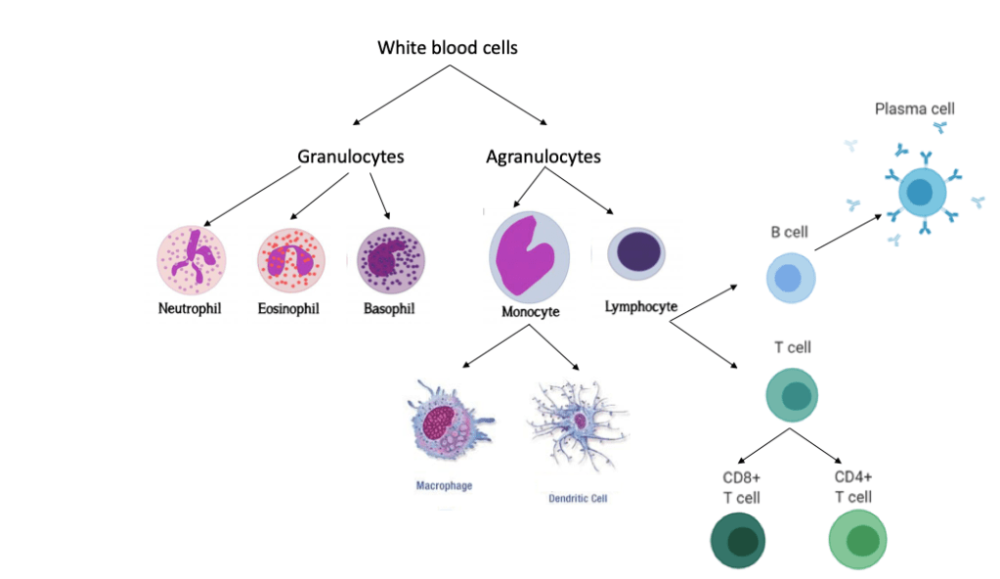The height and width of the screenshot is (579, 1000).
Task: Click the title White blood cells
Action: point(449,48)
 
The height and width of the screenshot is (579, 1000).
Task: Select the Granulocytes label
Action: point(351,156)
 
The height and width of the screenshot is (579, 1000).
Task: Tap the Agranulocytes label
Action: point(543,156)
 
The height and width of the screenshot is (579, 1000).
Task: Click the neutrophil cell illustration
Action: point(192,261)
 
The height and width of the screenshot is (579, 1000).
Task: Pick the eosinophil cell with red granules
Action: point(290,262)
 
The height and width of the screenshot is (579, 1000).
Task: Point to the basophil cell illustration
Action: point(391,262)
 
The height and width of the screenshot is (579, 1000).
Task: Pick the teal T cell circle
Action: point(792,395)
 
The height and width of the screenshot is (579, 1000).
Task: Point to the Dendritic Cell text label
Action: point(578,498)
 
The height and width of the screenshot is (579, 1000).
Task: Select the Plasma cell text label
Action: point(914,110)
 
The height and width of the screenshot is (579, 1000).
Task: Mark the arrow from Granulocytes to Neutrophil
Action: point(252,197)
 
